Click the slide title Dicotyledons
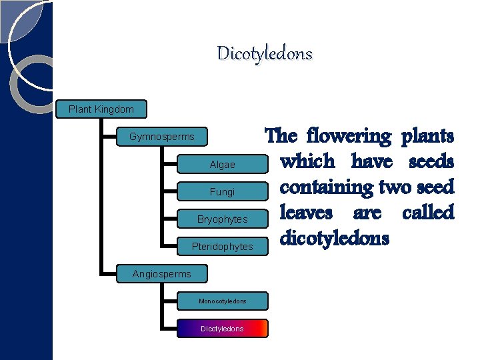click(x=265, y=53)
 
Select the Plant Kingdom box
click(x=101, y=109)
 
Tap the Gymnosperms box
click(x=162, y=137)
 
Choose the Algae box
click(x=222, y=164)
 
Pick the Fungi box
click(x=222, y=192)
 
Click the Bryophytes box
click(x=222, y=219)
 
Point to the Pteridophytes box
click(x=222, y=247)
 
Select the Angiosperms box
click(x=161, y=273)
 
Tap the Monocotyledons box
click(x=222, y=301)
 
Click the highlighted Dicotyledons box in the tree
click(x=222, y=329)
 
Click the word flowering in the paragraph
click(x=349, y=136)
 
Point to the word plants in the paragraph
click(x=427, y=136)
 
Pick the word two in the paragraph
click(x=393, y=187)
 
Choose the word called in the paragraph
click(x=427, y=213)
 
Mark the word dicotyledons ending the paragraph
click(x=334, y=238)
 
